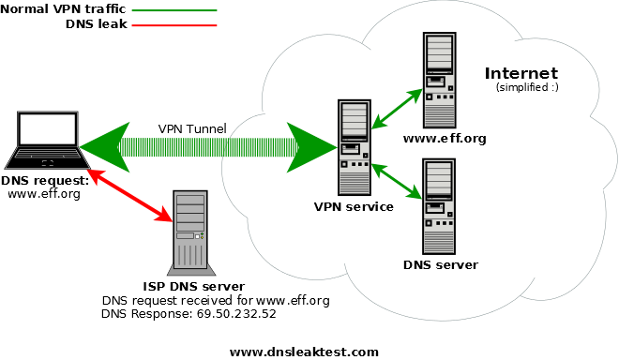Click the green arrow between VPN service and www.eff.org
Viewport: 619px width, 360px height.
tap(394, 108)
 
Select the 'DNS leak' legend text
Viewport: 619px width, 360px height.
tap(95, 25)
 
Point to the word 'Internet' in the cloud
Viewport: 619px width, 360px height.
tap(521, 73)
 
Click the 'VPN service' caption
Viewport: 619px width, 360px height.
tap(355, 206)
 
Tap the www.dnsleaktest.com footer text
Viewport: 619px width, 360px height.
tap(304, 352)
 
